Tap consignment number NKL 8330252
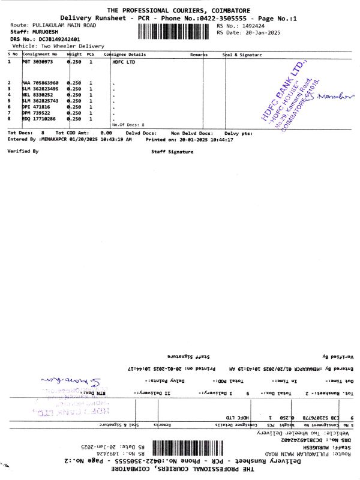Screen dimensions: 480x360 click(38, 95)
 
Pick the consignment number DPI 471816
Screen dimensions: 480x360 click(37, 107)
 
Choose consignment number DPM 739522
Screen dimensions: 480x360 click(37, 113)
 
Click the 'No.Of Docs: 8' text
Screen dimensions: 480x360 click(128, 124)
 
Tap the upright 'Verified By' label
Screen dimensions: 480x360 click(23, 151)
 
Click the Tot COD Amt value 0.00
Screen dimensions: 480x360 click(106, 132)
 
